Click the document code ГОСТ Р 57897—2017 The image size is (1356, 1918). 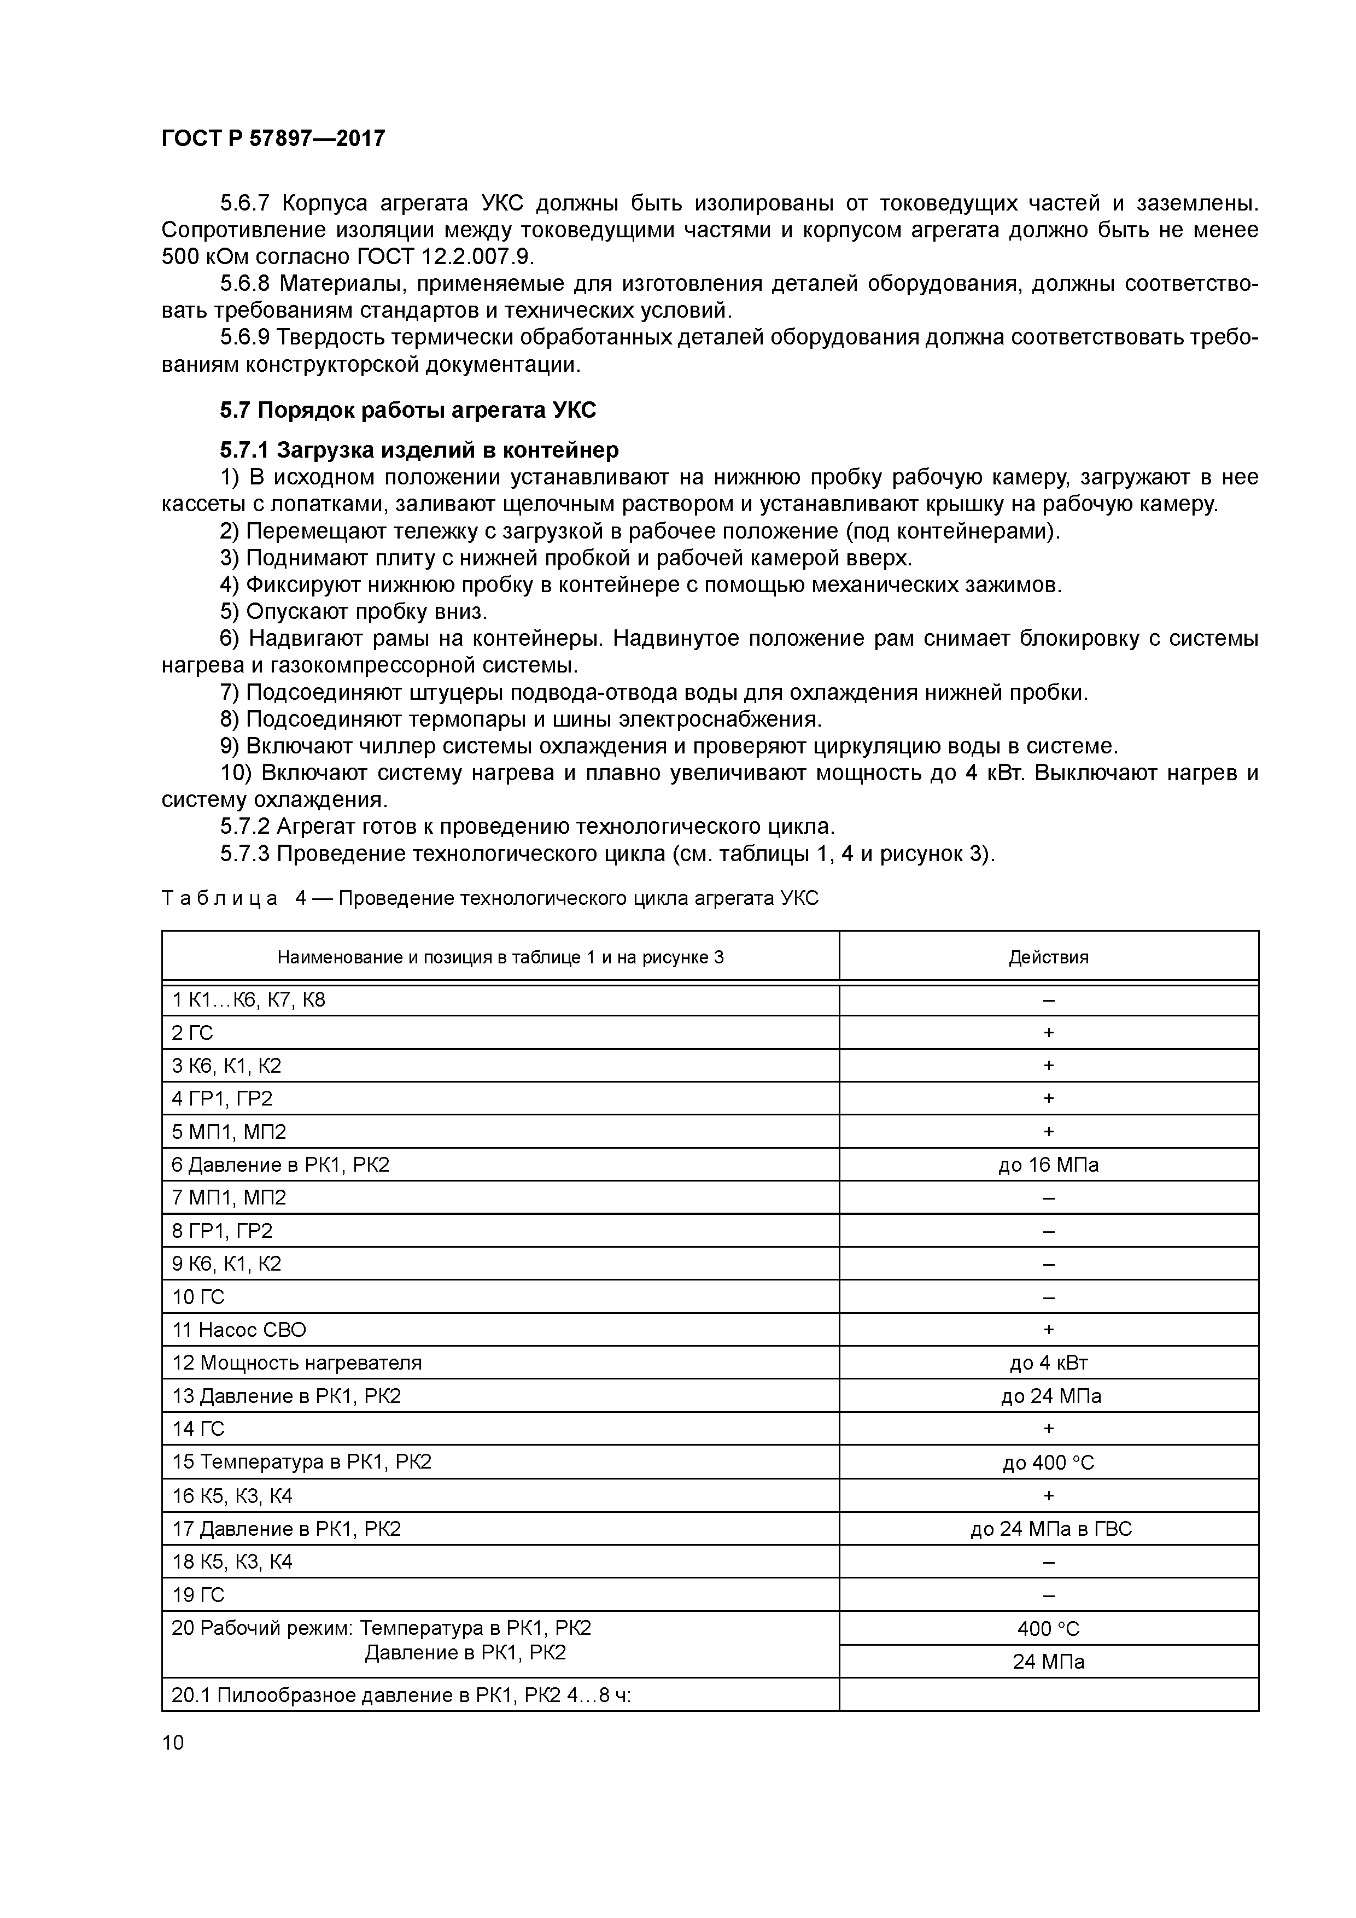tap(273, 138)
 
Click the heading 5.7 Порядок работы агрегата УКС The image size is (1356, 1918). tap(408, 410)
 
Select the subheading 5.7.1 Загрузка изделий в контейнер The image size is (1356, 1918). tap(419, 451)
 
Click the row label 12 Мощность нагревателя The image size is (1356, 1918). tap(296, 1363)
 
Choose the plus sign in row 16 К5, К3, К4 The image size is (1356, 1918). tap(1049, 1495)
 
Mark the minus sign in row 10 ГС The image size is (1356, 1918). tap(1049, 1297)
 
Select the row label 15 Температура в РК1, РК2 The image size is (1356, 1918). tap(302, 1462)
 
